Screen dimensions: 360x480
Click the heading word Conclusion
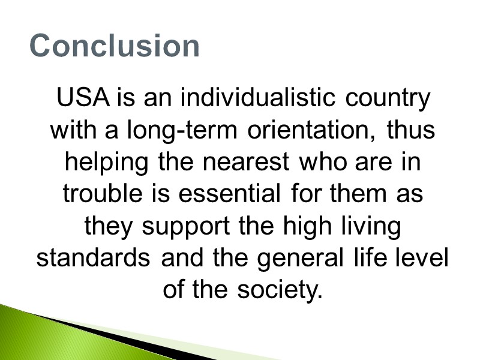click(x=115, y=46)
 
